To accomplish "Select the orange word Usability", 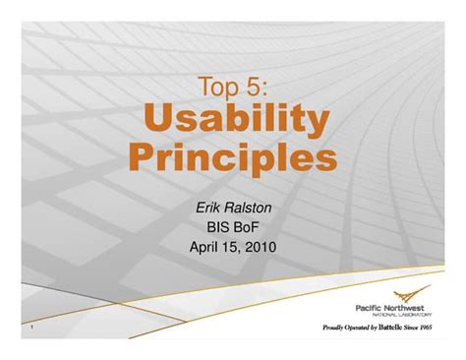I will click(233, 122).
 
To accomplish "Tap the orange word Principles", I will click(233, 157).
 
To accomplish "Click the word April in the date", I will click(206, 247).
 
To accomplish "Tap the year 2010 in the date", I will click(261, 247).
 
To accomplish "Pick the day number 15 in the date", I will click(233, 247).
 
